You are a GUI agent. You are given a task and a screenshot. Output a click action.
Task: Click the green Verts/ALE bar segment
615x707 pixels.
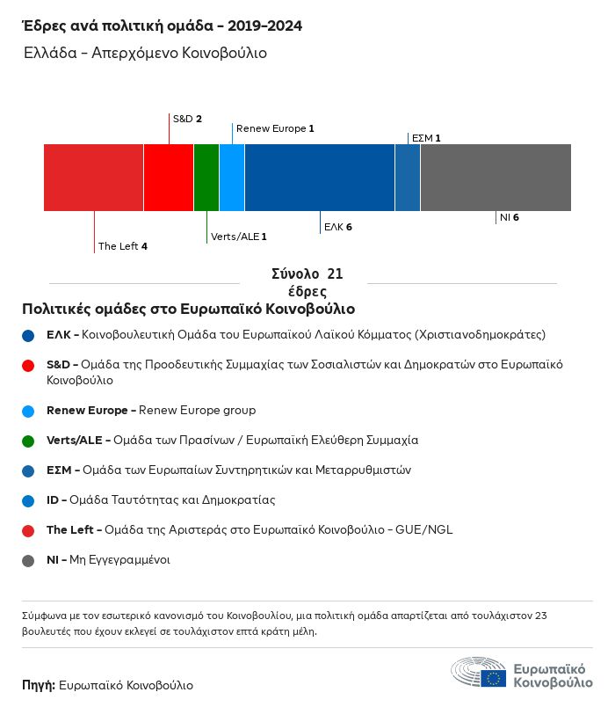tap(206, 178)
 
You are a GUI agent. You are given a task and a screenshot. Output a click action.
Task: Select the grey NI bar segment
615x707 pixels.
tap(496, 178)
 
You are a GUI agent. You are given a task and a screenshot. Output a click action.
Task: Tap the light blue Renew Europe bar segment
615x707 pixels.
tap(232, 178)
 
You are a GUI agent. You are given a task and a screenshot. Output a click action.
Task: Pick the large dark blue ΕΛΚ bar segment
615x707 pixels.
tap(320, 178)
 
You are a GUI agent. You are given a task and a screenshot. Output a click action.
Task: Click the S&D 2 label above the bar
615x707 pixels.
tap(187, 119)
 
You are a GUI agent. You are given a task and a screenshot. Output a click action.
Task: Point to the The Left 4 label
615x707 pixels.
tap(122, 246)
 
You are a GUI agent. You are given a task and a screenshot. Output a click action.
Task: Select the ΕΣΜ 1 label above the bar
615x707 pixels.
tap(426, 138)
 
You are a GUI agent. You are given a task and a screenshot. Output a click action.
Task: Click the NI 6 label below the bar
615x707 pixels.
tap(510, 216)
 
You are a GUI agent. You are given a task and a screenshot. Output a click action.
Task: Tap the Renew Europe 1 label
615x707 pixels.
tap(275, 128)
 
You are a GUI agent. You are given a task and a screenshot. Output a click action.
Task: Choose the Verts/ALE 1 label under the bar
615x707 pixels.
tap(239, 237)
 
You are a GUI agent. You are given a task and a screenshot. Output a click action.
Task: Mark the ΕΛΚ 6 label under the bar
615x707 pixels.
tap(338, 227)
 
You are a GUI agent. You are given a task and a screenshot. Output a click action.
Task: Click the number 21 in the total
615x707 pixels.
tap(335, 274)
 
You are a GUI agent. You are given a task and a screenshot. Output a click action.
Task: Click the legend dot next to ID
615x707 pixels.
tap(29, 500)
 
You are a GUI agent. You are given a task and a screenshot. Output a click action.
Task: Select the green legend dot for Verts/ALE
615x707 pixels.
tap(29, 441)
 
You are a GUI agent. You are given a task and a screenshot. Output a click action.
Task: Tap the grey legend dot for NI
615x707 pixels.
tap(29, 560)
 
